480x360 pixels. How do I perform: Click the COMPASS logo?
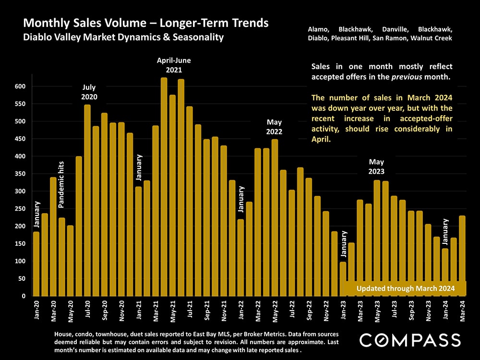pos(410,340)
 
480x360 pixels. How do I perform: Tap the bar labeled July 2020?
pos(87,200)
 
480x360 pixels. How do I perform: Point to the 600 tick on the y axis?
pos(20,86)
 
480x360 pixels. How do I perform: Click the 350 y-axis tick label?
pos(20,174)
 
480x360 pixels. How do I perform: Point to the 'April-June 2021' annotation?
pos(174,65)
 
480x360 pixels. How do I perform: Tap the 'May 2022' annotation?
pos(275,127)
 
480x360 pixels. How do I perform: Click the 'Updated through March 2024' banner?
pos(406,288)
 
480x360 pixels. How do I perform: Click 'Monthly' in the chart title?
pos(44,23)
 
